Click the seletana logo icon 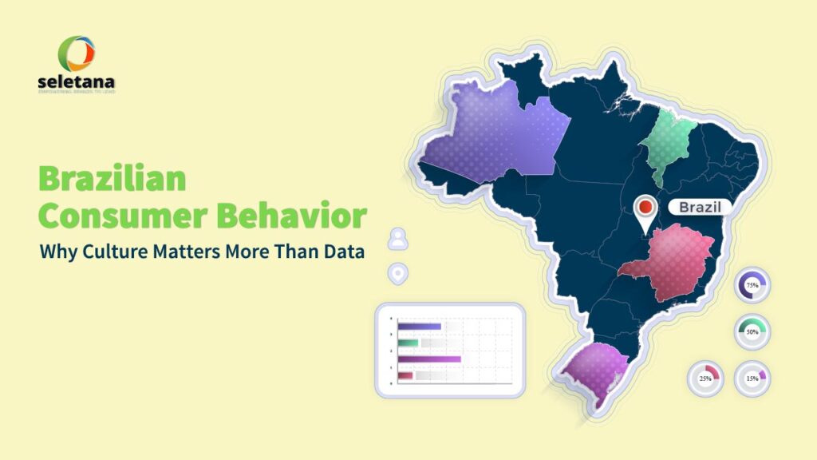pos(76,54)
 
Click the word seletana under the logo pos(76,82)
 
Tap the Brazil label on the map pos(700,208)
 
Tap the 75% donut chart pos(752,284)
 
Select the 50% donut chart pos(752,331)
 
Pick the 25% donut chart pos(705,379)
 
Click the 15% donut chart pos(752,379)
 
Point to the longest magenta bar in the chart pos(429,359)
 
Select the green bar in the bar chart pos(408,343)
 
